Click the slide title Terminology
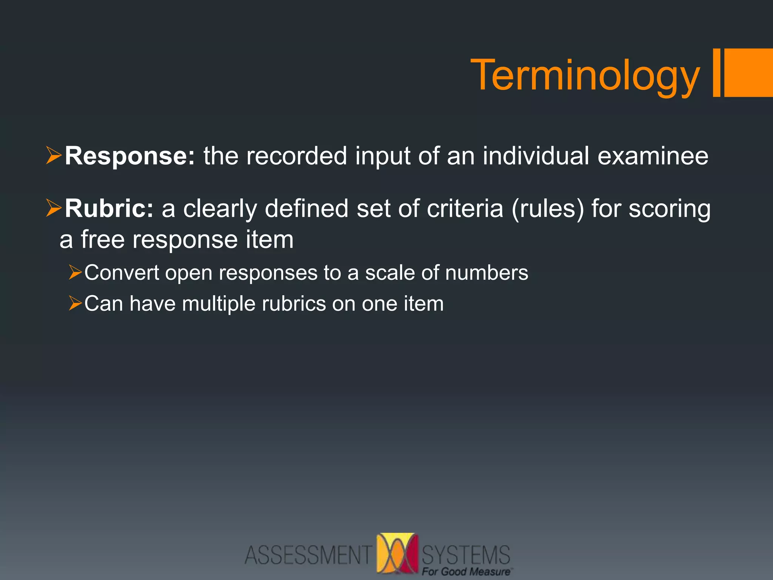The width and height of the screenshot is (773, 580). point(585,76)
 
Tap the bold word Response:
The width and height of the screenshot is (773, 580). point(130,156)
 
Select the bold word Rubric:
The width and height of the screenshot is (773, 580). point(109,208)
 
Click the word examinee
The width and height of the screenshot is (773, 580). point(653,156)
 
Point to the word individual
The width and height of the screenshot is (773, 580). point(536,156)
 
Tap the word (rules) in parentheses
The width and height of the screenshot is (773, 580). point(547,208)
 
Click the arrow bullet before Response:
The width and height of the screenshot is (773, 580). point(54,156)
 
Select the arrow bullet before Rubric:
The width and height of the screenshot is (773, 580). point(54,208)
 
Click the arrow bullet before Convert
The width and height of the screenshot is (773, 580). point(75,273)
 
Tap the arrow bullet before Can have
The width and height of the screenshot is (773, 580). point(75,304)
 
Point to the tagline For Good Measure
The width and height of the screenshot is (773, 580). point(467,572)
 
